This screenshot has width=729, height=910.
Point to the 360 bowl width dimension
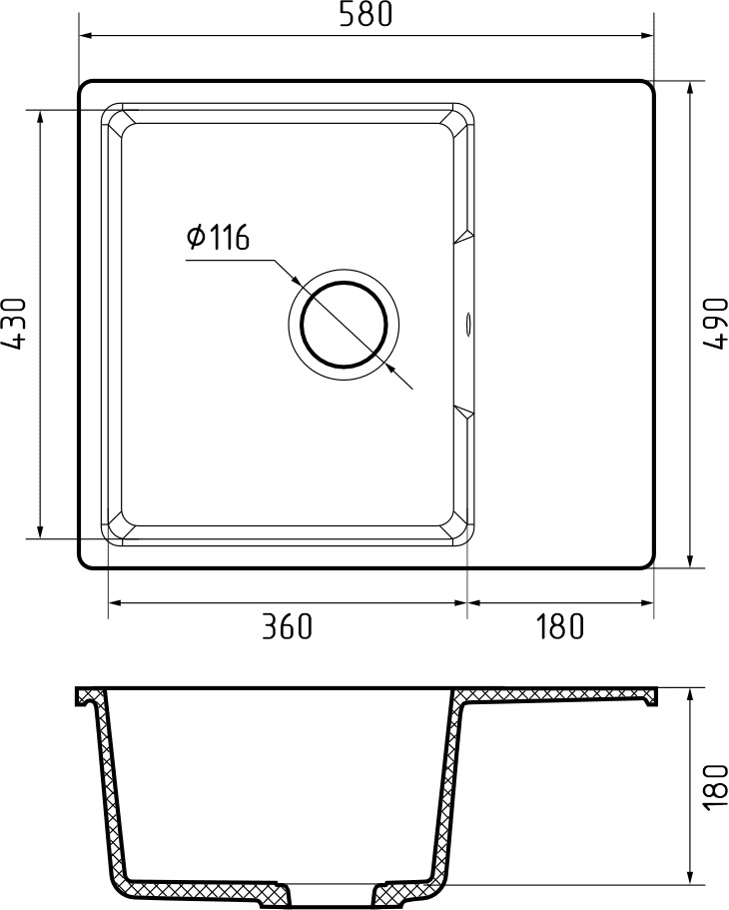tap(288, 627)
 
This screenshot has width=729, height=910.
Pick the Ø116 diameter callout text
tap(217, 238)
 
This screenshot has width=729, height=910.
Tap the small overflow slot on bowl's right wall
tap(466, 323)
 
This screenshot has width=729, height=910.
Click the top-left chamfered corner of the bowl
tap(115, 119)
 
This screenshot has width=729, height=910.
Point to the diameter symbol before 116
tap(196, 238)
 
